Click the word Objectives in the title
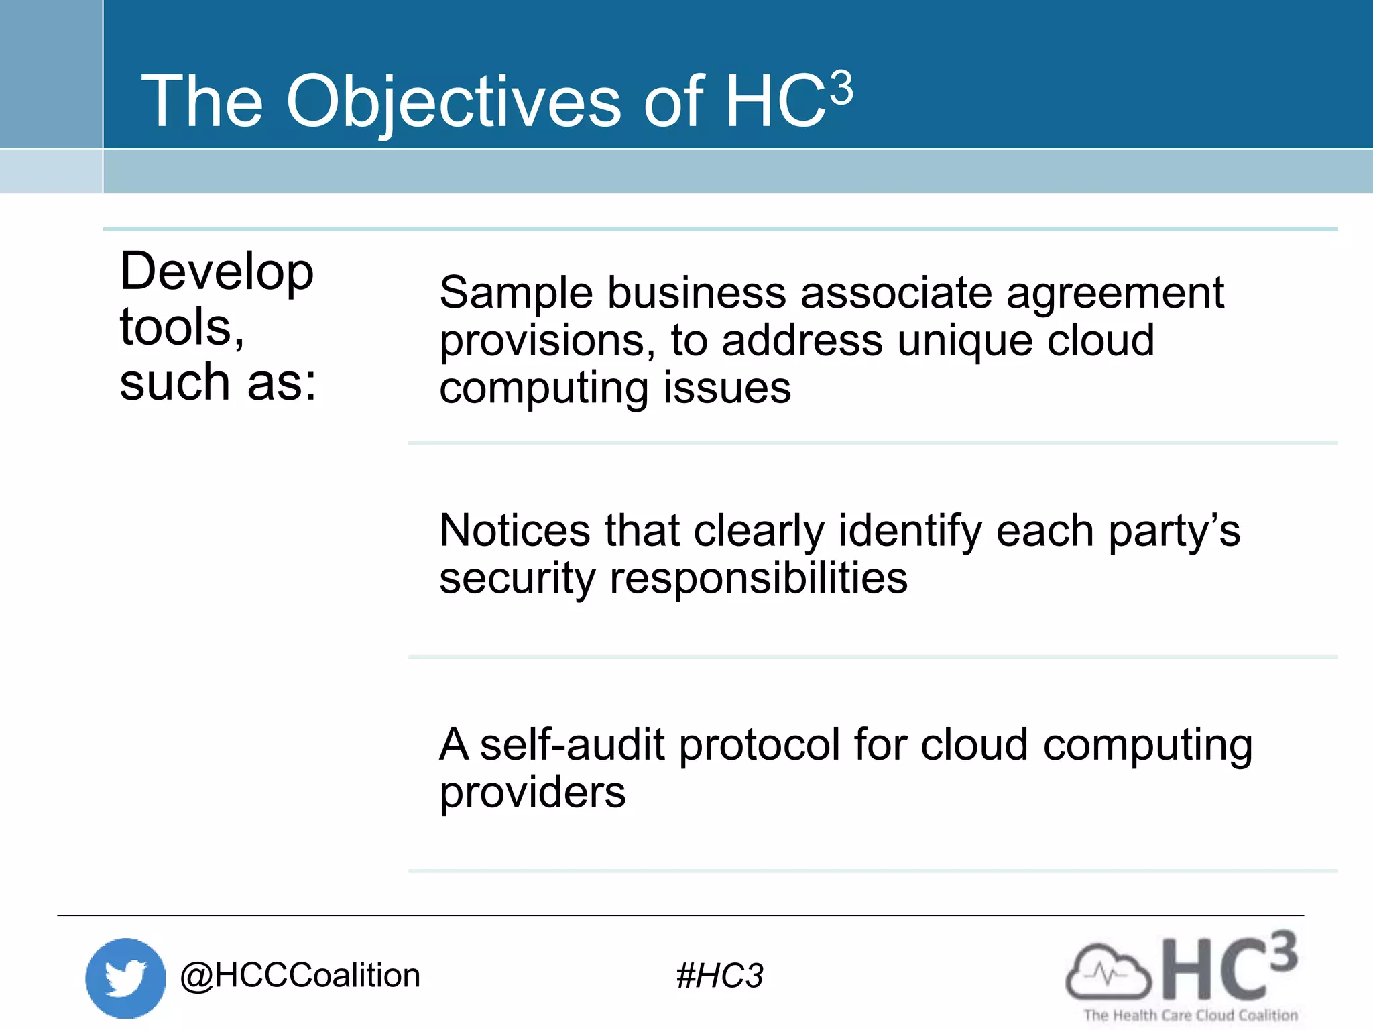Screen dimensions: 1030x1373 pos(454,102)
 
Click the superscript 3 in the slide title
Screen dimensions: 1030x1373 pos(841,89)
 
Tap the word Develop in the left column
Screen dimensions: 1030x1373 pos(217,272)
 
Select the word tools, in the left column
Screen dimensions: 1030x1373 pos(182,327)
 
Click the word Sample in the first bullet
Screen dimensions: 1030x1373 pos(516,293)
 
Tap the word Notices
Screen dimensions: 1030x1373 pos(515,530)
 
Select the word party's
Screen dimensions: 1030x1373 pos(1174,531)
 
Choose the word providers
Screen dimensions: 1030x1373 pos(532,793)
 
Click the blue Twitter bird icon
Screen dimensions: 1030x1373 pos(125,978)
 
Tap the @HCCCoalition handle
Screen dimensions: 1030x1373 pos(300,975)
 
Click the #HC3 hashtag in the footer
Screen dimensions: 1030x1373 pos(719,976)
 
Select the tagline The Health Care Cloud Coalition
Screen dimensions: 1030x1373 pos(1191,1015)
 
